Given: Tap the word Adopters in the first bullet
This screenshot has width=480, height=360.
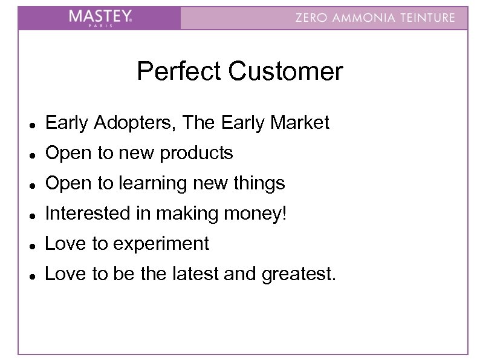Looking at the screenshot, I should point(128,123).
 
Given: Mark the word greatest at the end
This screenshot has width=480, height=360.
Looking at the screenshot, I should point(299,275).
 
